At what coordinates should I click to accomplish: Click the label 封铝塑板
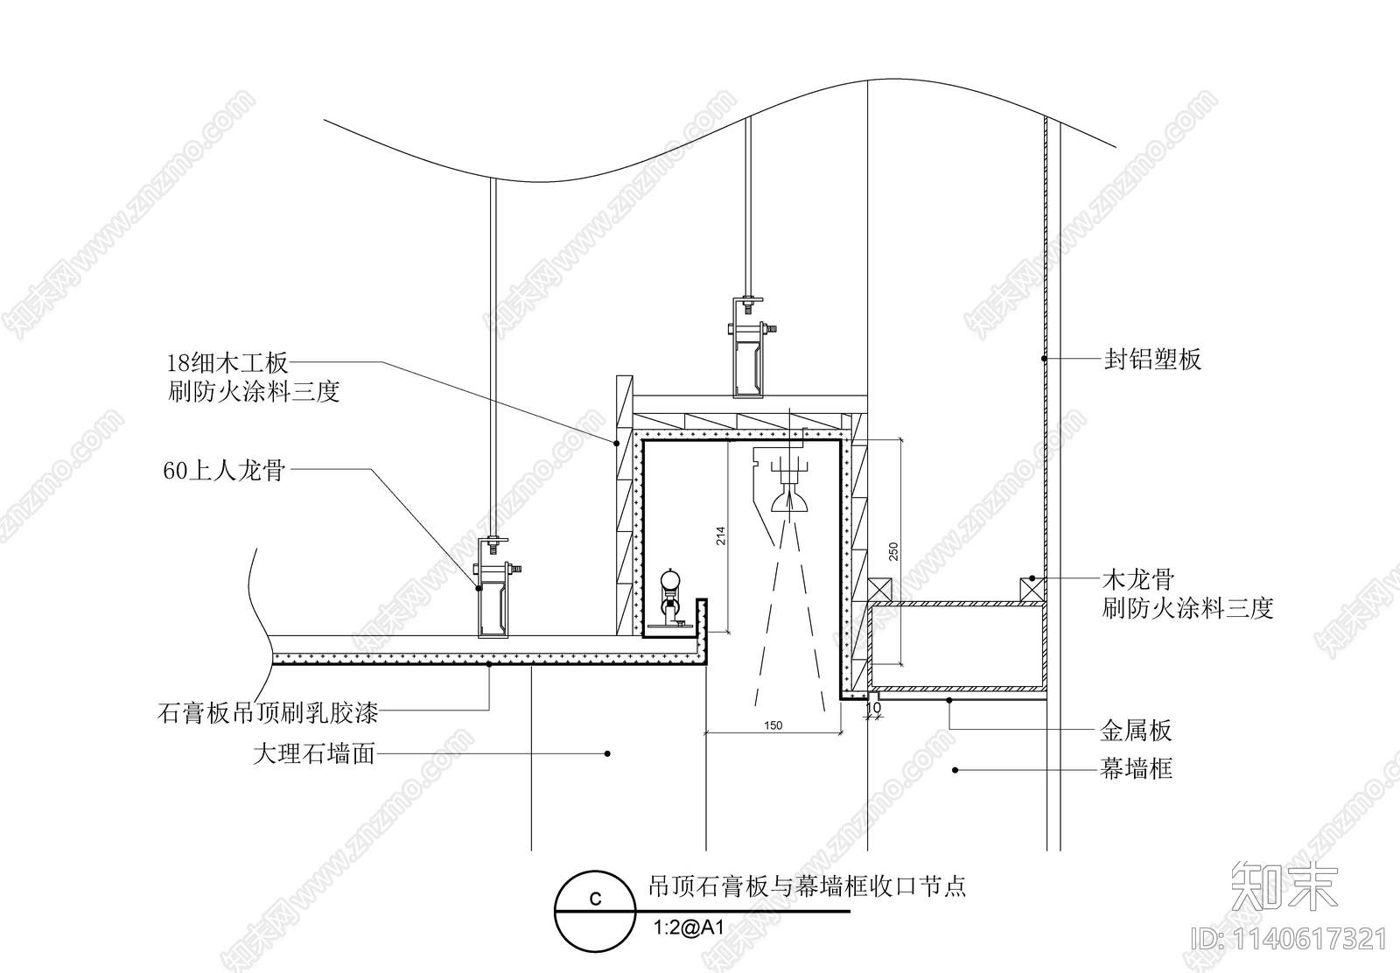[1152, 359]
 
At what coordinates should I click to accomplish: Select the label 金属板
[1136, 731]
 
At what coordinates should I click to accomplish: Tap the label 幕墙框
[1136, 769]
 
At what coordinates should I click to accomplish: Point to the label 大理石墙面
[313, 752]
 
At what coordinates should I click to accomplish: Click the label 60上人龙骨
[224, 471]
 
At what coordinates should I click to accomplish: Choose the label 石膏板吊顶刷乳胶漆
[268, 713]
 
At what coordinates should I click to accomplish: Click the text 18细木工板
[227, 362]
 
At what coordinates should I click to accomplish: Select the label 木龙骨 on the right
[1137, 579]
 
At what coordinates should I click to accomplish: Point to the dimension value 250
[893, 552]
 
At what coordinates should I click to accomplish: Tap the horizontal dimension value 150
[773, 725]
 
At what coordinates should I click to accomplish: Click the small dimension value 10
[872, 707]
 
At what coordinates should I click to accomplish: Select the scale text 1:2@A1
[689, 927]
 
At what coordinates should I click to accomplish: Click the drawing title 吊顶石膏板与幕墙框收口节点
[806, 886]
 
